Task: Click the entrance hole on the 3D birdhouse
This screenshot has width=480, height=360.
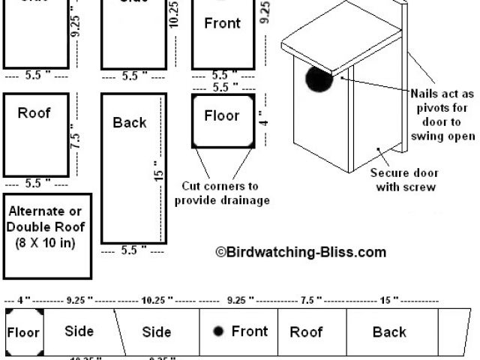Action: coord(319,80)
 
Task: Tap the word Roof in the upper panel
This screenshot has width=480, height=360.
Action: coord(34,113)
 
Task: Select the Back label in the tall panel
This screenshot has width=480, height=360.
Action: coord(130,122)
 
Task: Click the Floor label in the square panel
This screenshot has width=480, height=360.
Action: coord(221,115)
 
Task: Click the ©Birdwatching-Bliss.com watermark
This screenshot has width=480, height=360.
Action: coord(301,253)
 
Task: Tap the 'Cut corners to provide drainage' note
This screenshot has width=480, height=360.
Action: coord(222,193)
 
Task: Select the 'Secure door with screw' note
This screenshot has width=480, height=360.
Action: coord(403,179)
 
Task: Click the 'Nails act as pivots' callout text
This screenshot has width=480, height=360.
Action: coord(442,115)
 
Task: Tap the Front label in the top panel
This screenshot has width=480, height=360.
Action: coord(223,23)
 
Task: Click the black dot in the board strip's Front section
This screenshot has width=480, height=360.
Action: coord(218,331)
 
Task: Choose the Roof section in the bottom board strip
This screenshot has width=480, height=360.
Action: coord(306,332)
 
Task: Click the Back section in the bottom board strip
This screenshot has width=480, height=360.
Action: coord(389,332)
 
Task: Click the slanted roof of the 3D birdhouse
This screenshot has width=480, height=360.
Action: coord(341,41)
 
